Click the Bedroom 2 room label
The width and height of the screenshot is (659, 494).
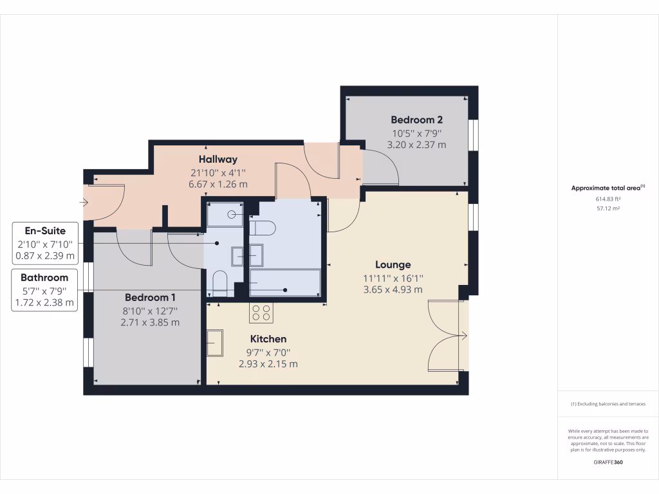point(416,120)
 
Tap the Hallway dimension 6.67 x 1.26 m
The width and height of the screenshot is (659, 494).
point(218,184)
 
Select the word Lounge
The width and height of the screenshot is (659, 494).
point(393,264)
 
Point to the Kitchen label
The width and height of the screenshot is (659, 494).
point(268,339)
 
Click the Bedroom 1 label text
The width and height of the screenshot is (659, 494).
point(150,298)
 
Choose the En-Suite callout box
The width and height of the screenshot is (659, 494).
point(45,243)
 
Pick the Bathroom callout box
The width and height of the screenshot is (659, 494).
point(45,290)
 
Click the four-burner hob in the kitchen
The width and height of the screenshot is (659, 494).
point(261,313)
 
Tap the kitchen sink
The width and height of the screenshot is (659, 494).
point(215,343)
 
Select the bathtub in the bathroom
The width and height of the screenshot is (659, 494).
point(284,283)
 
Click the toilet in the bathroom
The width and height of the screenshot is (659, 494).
point(263,227)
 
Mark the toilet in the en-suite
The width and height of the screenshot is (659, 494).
point(219,283)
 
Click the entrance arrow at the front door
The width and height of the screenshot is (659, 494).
point(84,203)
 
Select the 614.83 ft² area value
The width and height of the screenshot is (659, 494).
point(608,199)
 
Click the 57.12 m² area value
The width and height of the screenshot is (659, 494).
point(608,208)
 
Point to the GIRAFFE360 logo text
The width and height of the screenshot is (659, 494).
point(608,462)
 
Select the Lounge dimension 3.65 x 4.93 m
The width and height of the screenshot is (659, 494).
point(393,289)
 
